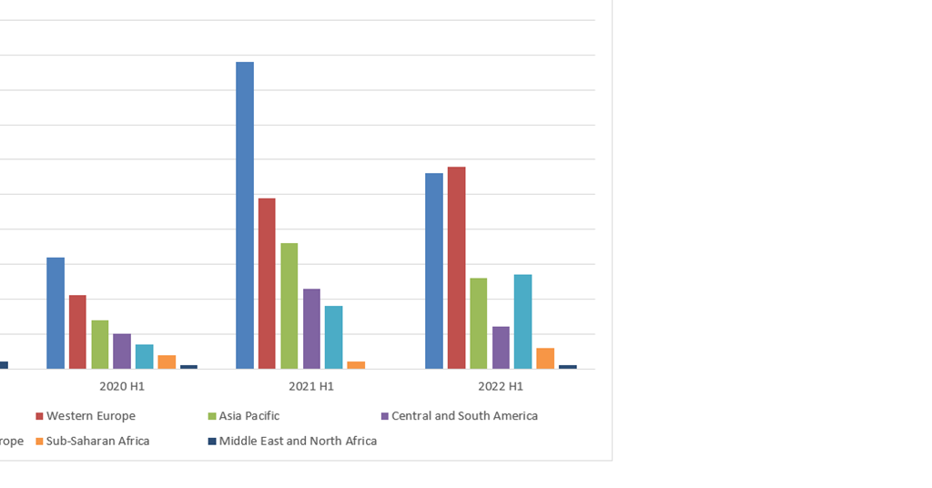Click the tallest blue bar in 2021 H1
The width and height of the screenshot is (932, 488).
click(x=245, y=215)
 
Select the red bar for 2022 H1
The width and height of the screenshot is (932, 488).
click(x=456, y=268)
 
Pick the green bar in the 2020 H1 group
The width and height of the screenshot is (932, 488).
click(x=100, y=344)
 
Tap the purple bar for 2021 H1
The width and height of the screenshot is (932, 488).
click(x=311, y=329)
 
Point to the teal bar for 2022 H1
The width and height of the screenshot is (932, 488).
click(x=522, y=321)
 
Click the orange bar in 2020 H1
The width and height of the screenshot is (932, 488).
click(x=167, y=361)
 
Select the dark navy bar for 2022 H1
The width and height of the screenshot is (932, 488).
click(x=567, y=367)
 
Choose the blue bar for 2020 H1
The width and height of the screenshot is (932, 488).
click(x=56, y=313)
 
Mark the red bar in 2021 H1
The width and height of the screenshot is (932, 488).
click(x=267, y=283)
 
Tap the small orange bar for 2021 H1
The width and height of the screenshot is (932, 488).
click(x=356, y=365)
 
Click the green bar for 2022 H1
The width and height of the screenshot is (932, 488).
click(x=478, y=323)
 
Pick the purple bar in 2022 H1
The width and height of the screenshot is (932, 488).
click(x=501, y=347)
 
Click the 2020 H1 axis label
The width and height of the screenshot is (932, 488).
click(x=122, y=386)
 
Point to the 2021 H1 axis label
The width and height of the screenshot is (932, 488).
click(x=311, y=386)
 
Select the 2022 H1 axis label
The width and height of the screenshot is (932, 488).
click(x=501, y=386)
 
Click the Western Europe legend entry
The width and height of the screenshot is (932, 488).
click(x=90, y=416)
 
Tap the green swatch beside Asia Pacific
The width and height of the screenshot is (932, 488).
click(x=212, y=416)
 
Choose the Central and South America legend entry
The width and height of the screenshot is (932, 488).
click(x=464, y=416)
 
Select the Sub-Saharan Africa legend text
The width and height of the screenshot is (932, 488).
click(x=97, y=441)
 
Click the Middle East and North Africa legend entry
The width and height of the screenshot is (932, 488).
click(x=298, y=441)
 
